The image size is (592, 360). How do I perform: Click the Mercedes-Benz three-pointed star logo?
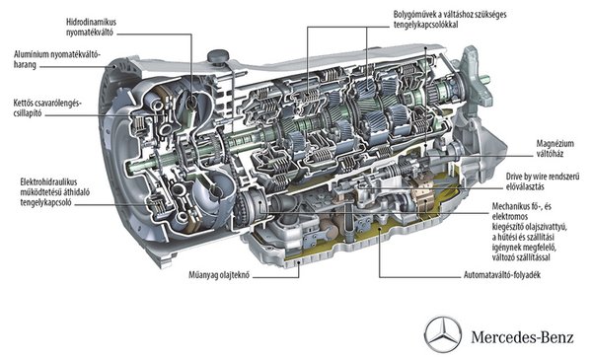(x=442, y=334)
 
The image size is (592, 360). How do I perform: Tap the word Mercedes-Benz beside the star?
(x=522, y=337)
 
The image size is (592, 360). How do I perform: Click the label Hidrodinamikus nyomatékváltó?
(x=91, y=27)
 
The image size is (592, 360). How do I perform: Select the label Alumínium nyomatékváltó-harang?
(x=57, y=59)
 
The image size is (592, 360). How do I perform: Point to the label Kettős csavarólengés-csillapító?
(x=47, y=108)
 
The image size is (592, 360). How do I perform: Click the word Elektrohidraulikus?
(x=48, y=181)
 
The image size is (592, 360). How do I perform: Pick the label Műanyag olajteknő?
(x=219, y=275)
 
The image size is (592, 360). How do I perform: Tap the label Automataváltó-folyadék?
(x=502, y=275)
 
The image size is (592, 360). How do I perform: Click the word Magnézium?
(x=555, y=144)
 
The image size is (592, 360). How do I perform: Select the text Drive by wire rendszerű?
(x=543, y=177)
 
